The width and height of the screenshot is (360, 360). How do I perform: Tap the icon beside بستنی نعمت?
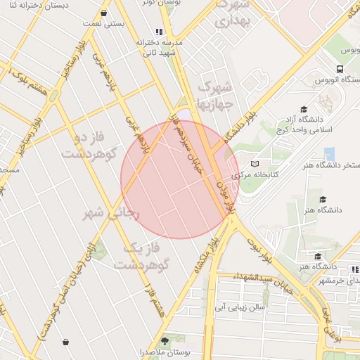coord(104,13)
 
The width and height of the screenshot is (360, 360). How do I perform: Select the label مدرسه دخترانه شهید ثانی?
coord(162,47)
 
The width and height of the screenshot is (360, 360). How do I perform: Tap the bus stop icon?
coord(340,69)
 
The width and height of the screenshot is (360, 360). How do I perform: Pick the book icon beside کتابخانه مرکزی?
coord(255,163)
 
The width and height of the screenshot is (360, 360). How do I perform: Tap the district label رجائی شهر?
coord(112,212)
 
